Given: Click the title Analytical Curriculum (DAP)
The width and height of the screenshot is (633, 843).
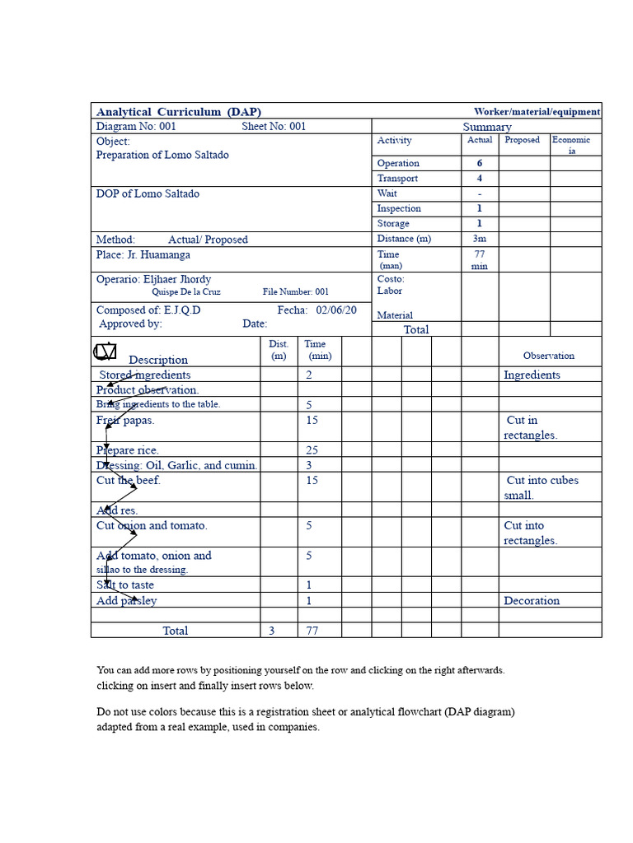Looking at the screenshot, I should click(x=178, y=112).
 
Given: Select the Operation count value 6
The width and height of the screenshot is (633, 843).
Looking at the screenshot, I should click(x=480, y=163).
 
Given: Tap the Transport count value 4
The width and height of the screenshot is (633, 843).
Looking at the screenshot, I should click(x=480, y=178).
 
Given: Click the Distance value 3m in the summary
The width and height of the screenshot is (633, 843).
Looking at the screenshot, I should click(x=480, y=239).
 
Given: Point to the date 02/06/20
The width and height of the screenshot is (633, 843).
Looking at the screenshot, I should click(x=336, y=310).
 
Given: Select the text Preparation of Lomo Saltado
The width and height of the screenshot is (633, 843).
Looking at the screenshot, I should click(x=162, y=155).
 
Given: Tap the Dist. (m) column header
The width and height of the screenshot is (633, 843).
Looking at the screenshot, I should click(x=279, y=350).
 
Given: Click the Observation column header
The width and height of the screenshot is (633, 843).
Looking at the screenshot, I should click(x=549, y=356).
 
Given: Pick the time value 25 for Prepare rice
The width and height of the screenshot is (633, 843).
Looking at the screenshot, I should click(x=312, y=450).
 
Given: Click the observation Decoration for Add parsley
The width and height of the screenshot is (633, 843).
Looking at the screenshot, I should click(x=532, y=601).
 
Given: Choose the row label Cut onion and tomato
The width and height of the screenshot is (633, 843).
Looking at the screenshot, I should click(x=152, y=525).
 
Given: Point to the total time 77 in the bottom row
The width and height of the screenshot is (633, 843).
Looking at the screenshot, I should click(x=312, y=631).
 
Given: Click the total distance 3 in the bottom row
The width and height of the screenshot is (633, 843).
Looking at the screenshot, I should click(x=271, y=631).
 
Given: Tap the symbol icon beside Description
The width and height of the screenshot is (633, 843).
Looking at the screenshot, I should click(x=105, y=352).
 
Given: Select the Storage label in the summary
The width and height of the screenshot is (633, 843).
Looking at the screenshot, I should click(x=393, y=223).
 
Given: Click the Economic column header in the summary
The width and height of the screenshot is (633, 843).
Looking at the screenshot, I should click(x=571, y=146).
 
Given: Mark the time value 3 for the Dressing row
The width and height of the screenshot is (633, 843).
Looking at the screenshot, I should click(x=309, y=465).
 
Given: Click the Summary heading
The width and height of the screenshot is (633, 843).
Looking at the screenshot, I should click(x=487, y=127).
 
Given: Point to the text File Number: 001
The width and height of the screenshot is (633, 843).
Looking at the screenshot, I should click(x=296, y=291).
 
